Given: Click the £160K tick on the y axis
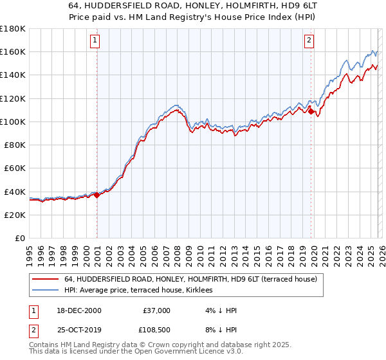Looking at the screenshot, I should [13, 51].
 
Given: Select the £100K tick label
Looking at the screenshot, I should [13, 122].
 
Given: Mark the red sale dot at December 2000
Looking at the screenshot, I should [97, 195].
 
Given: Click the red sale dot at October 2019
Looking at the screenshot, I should [311, 112].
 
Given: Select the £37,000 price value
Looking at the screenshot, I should [157, 310].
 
